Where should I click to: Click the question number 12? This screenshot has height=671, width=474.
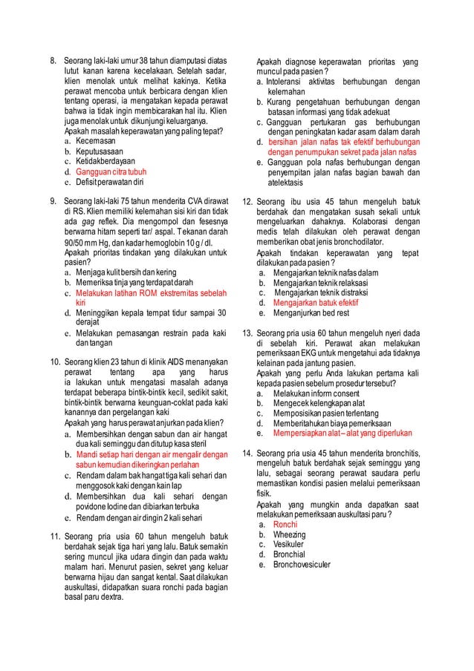click(x=248, y=201)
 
